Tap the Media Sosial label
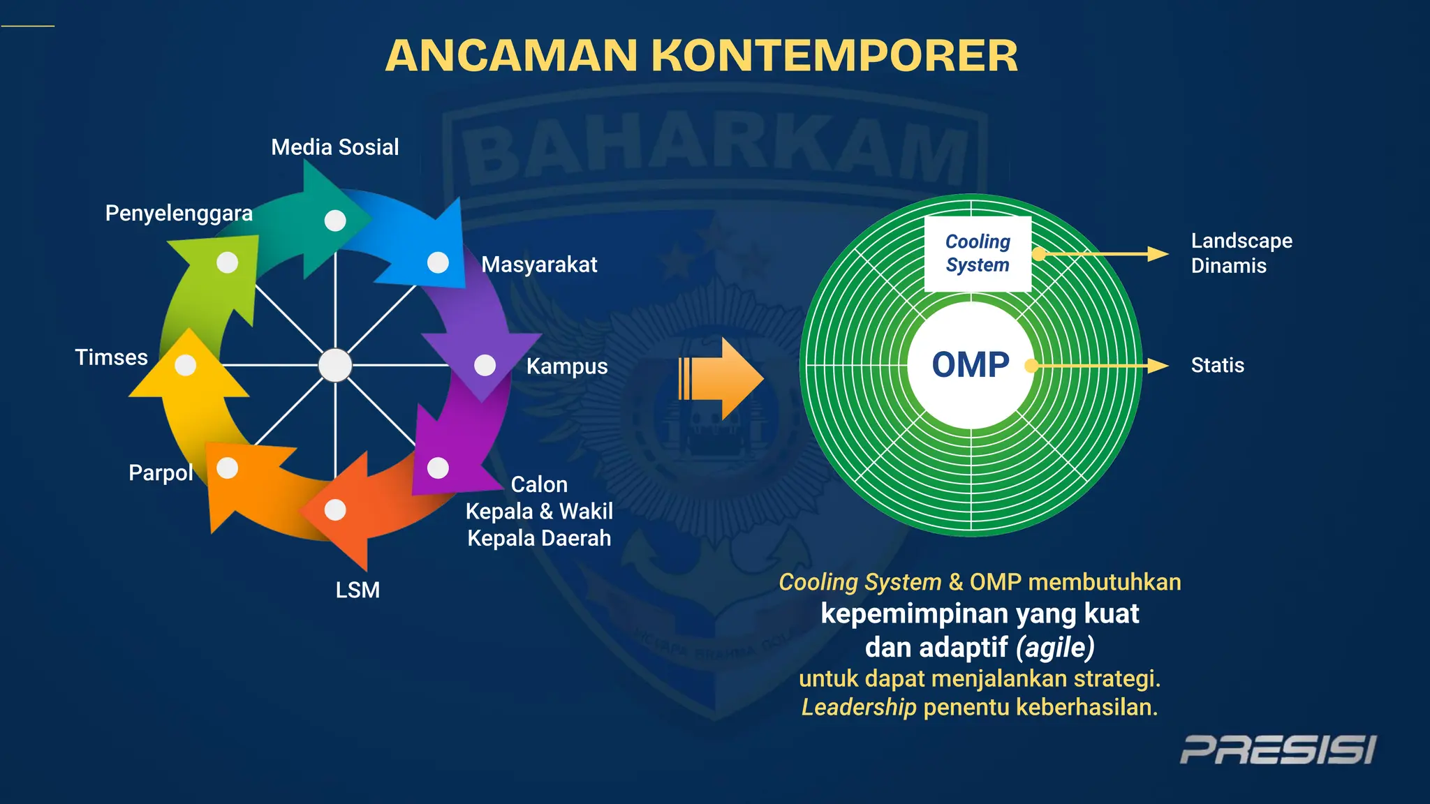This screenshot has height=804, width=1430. tap(334, 147)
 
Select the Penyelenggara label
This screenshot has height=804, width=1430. tap(179, 213)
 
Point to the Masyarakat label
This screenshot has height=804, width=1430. tap(539, 265)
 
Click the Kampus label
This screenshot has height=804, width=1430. tap(566, 366)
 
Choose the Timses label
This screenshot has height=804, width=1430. tap(111, 357)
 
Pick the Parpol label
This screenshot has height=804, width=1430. tap(161, 472)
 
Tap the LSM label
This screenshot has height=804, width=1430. tap(357, 590)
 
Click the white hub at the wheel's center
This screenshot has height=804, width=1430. tap(335, 365)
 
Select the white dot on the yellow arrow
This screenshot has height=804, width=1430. tap(185, 365)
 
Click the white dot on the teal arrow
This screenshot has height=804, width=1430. tap(335, 221)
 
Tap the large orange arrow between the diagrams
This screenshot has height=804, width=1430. tap(723, 379)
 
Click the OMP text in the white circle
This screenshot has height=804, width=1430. tap(971, 365)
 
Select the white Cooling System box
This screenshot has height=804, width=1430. tap(978, 253)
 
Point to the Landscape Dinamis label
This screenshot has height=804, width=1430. tap(1241, 253)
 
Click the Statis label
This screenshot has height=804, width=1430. tap(1217, 365)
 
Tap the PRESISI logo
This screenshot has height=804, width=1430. tap(1278, 750)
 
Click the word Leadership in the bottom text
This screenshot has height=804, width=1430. tap(858, 707)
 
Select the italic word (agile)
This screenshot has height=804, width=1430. tap(1055, 648)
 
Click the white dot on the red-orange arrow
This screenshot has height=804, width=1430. tap(335, 510)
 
